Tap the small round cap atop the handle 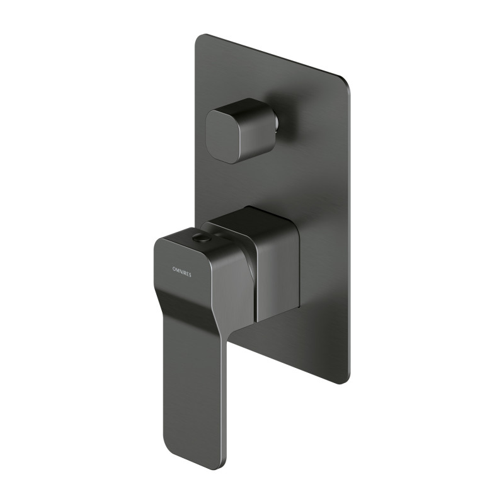202,238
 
